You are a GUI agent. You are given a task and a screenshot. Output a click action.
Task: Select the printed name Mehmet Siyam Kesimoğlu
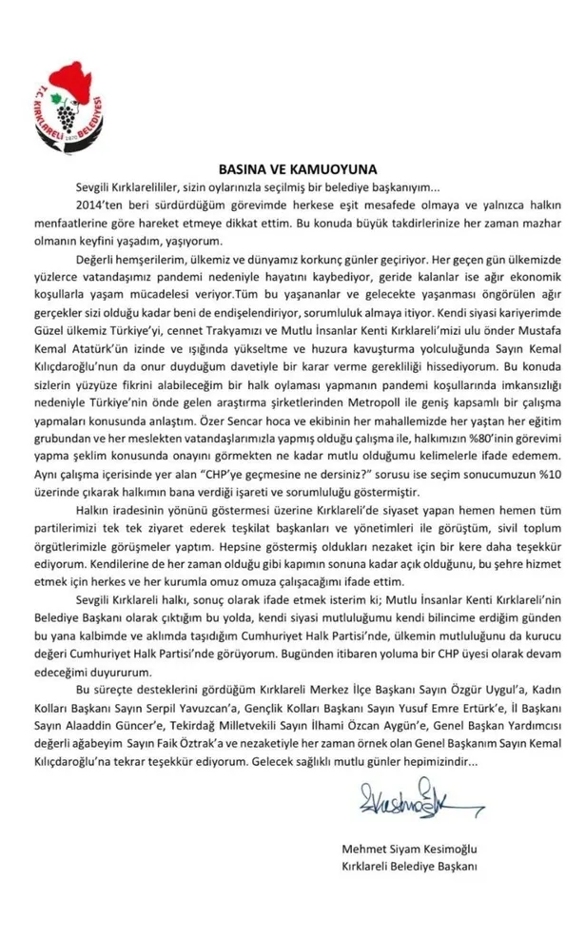pyautogui.click(x=410, y=847)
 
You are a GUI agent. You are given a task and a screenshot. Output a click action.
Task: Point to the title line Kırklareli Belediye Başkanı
pyautogui.click(x=408, y=865)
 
